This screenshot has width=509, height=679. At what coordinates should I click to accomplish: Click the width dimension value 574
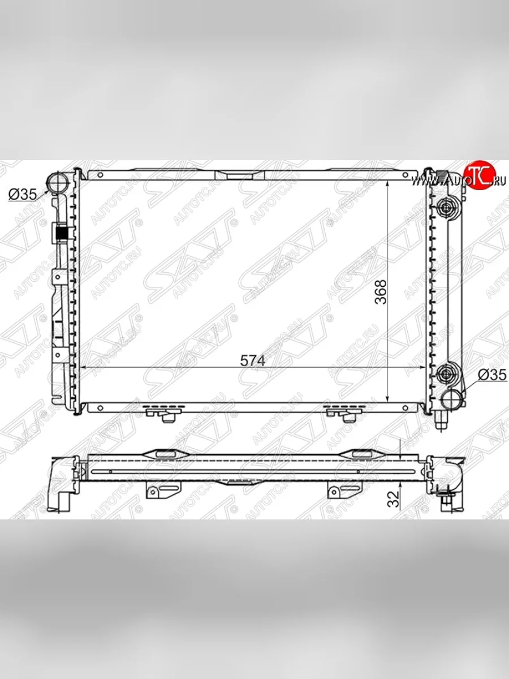pyautogui.click(x=252, y=360)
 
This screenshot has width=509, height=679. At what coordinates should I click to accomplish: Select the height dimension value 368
pyautogui.click(x=382, y=292)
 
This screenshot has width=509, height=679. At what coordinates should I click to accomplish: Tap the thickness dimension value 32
pyautogui.click(x=394, y=498)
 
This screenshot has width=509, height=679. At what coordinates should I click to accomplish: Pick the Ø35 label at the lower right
pyautogui.click(x=491, y=375)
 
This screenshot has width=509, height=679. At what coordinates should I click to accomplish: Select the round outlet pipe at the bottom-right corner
pyautogui.click(x=452, y=398)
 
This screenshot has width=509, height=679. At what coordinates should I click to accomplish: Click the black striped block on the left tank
pyautogui.click(x=62, y=233)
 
